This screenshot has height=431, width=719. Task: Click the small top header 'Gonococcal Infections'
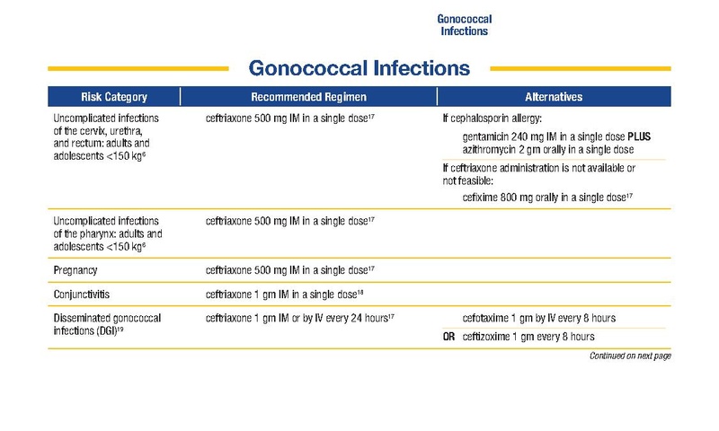464,24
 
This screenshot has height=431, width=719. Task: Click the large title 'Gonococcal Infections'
359,68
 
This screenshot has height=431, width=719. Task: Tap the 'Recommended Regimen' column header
308,97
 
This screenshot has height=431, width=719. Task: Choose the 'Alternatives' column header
553,97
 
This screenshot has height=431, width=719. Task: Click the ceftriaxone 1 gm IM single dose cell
283,294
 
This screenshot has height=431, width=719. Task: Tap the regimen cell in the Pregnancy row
289,269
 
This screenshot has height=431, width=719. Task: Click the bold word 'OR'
448,337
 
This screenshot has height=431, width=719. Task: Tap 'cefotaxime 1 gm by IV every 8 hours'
539,318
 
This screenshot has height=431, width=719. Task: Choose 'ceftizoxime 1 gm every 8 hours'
528,337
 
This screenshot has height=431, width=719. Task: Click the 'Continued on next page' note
629,356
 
